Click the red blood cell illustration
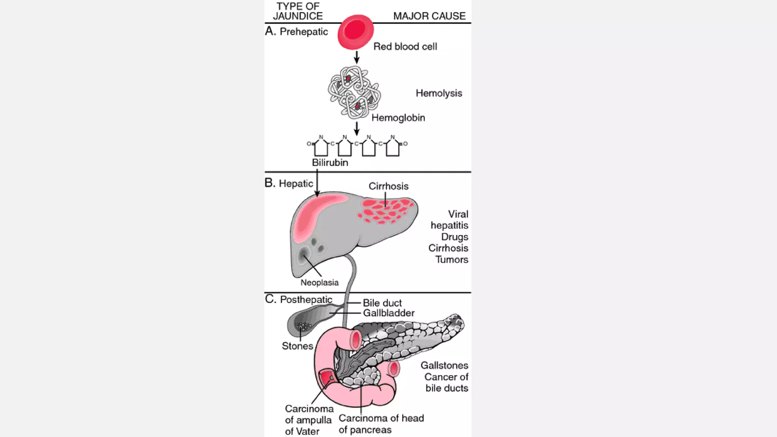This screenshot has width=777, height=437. [355, 32]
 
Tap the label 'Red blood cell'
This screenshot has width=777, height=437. [405, 47]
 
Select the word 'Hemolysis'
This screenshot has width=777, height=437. [439, 93]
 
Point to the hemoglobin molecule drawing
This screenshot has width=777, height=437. [354, 92]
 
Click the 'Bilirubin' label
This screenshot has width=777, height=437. [330, 163]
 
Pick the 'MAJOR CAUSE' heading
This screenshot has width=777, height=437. [429, 16]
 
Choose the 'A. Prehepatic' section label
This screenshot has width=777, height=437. [296, 31]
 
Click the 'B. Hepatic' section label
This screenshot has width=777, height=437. [289, 183]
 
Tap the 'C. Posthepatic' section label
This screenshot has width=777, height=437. [299, 299]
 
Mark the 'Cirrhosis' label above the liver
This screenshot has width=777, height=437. [388, 186]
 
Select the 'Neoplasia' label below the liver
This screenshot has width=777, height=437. [319, 283]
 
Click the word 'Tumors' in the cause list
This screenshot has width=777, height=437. [451, 259]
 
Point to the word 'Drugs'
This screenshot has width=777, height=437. [455, 237]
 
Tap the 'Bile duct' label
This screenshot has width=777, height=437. [382, 303]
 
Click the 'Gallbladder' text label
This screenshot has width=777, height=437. [388, 313]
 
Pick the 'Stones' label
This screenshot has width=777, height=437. [297, 346]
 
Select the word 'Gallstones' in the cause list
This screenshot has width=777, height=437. [444, 365]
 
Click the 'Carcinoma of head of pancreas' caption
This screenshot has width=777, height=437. [381, 424]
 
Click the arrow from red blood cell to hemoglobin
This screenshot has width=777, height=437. [357, 57]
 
